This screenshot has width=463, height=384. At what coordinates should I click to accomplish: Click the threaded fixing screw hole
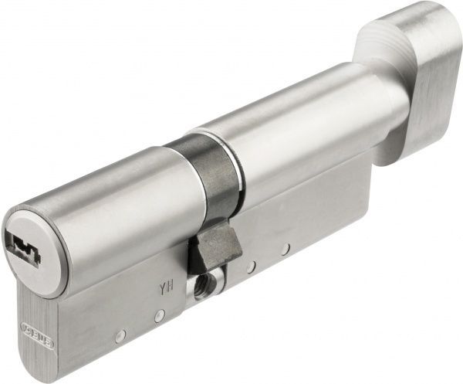click(x=204, y=286)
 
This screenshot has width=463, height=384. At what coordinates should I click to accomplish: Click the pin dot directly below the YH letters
click(x=158, y=316)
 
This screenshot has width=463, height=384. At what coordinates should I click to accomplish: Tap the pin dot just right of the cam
click(x=250, y=267)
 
